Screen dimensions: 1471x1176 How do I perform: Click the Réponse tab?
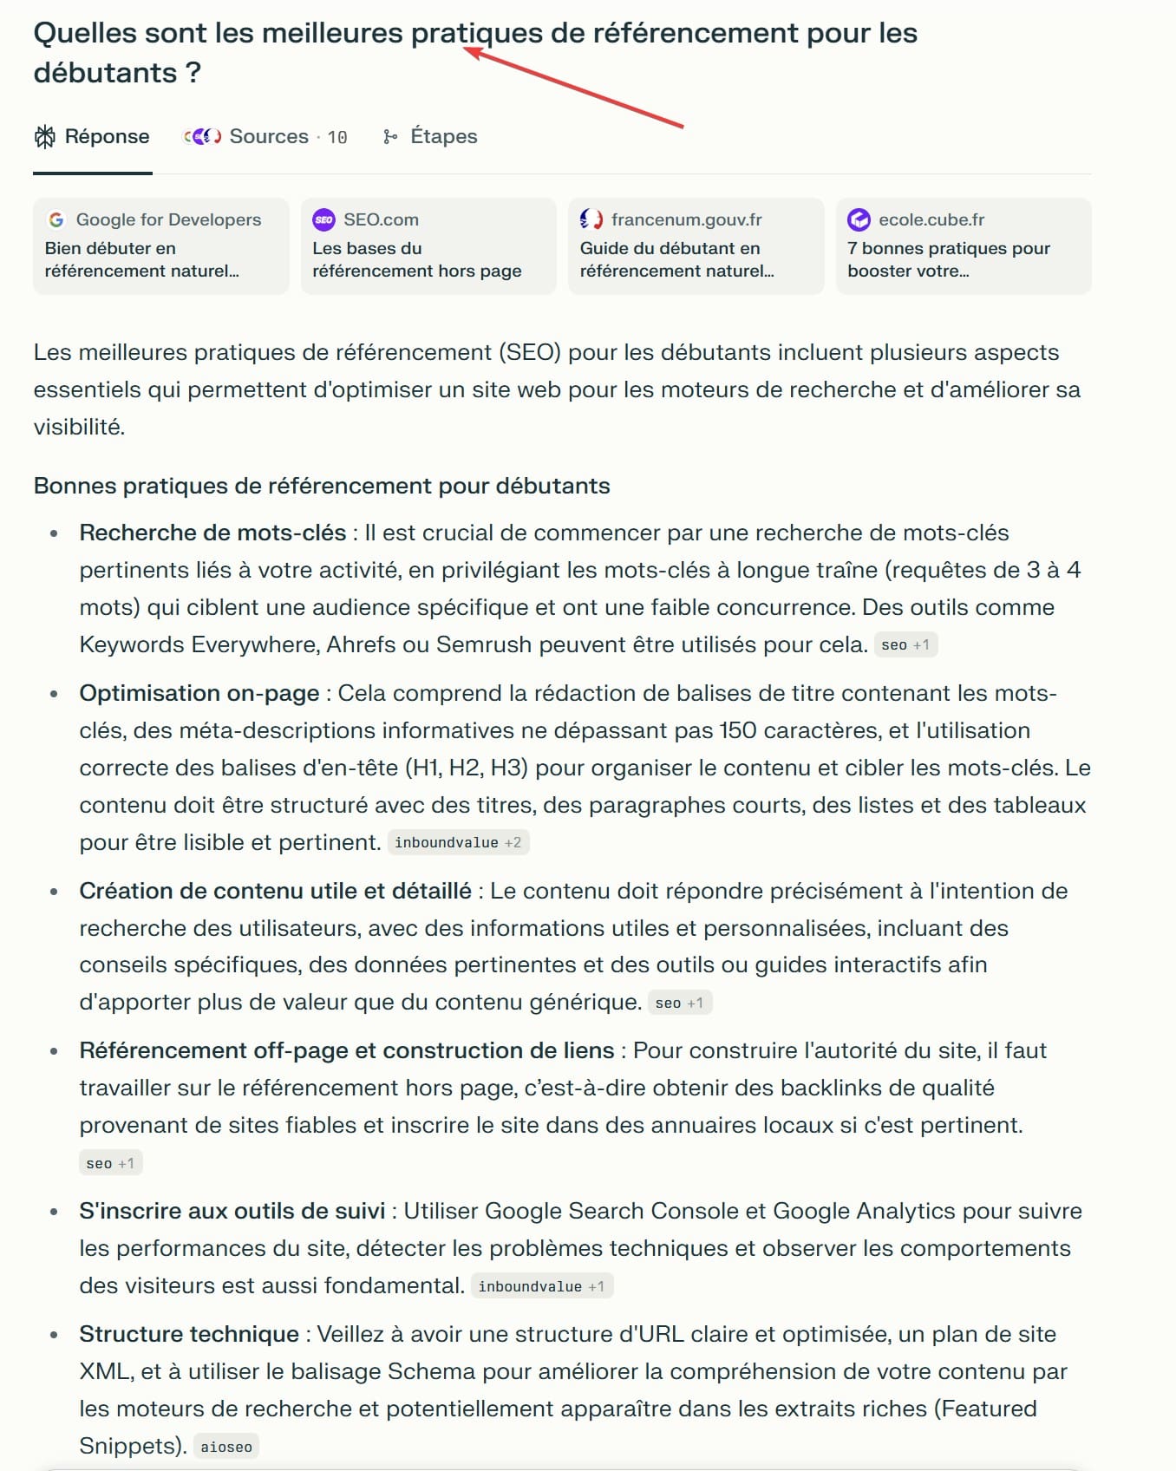click(x=92, y=137)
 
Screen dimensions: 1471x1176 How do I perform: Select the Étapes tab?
click(x=431, y=137)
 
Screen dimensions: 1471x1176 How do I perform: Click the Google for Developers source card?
click(x=160, y=246)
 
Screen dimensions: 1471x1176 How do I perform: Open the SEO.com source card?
click(x=428, y=246)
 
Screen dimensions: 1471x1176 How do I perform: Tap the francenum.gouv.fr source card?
click(x=696, y=246)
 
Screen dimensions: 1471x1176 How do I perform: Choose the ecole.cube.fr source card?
click(x=963, y=246)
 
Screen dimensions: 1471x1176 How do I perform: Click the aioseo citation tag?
click(x=226, y=1447)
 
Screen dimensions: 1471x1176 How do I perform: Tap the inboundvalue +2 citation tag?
click(x=458, y=842)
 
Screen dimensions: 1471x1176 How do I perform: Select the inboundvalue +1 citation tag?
click(x=541, y=1286)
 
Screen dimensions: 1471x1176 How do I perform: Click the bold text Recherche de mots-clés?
click(x=212, y=533)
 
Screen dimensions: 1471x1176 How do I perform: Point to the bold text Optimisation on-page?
click(x=199, y=693)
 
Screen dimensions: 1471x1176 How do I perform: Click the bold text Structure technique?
click(x=189, y=1334)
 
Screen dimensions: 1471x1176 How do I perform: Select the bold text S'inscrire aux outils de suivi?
click(x=232, y=1211)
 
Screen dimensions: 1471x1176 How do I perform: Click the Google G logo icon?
click(x=56, y=219)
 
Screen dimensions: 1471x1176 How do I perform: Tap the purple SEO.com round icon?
click(x=323, y=219)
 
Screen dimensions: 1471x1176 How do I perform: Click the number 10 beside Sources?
click(x=337, y=138)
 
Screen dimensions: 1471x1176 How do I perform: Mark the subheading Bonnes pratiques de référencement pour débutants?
click(x=322, y=486)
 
